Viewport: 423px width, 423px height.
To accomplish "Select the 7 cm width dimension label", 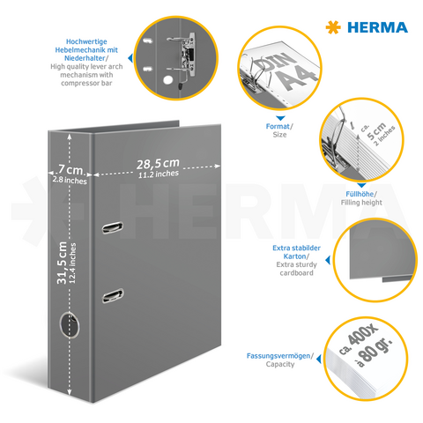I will pos(70,167).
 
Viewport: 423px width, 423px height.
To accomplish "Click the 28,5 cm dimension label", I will pos(158,163).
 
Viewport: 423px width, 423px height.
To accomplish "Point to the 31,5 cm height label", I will pos(62,246).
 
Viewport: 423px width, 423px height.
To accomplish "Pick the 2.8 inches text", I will pos(70,180).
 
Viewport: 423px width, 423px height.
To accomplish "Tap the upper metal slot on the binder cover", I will pos(114,228).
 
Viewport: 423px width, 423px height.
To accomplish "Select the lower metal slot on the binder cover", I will pos(114,295).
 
